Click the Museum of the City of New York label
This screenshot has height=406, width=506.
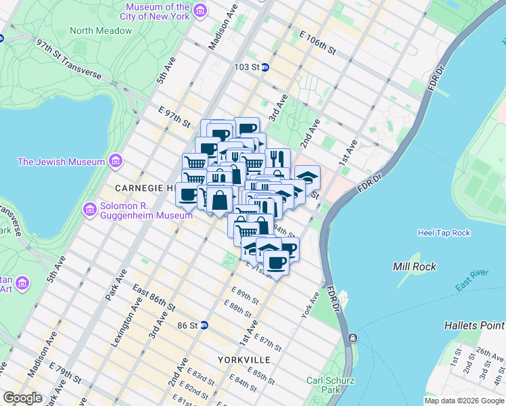155,11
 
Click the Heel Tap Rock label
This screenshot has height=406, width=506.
444,233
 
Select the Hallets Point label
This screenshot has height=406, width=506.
474,325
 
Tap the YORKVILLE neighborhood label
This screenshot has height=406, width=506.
244,359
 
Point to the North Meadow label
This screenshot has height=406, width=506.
101,30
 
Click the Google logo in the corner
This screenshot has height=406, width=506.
22,398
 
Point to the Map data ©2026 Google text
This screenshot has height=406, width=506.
464,401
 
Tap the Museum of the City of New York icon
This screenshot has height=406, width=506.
200,11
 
